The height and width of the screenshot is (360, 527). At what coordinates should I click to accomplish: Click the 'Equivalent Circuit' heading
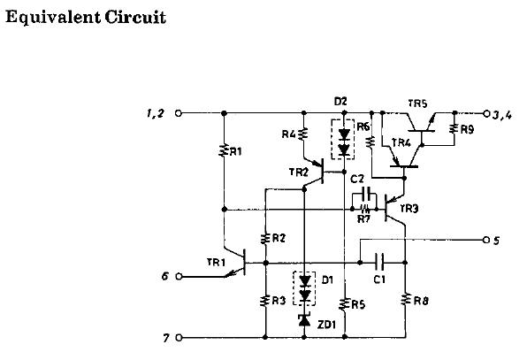(x=86, y=18)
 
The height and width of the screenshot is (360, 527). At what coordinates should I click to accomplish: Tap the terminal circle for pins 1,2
(x=179, y=113)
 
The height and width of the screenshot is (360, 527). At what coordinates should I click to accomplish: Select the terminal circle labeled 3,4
(x=485, y=113)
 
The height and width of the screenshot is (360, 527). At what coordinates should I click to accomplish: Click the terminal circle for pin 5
(x=485, y=239)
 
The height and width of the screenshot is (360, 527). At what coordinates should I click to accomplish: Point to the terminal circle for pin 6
(x=179, y=276)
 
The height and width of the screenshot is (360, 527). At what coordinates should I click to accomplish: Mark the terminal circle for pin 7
(x=179, y=337)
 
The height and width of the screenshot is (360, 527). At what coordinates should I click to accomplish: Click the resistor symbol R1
(x=225, y=151)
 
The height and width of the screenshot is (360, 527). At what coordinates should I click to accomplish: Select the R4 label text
(x=287, y=135)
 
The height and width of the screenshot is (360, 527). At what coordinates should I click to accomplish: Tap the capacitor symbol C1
(x=378, y=263)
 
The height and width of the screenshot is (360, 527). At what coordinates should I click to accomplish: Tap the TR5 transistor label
(x=418, y=103)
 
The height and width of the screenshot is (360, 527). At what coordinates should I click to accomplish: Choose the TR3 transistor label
(x=409, y=209)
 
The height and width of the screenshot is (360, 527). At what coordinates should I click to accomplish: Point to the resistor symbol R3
(x=265, y=301)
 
